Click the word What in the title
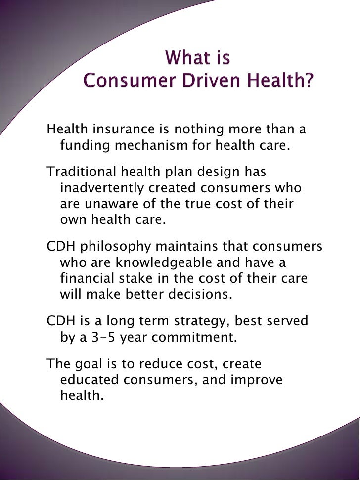183,59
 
